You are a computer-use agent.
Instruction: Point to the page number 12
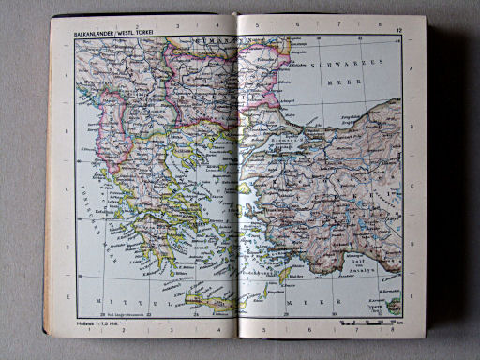coord(398,34)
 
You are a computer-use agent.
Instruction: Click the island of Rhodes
coord(283,277)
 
